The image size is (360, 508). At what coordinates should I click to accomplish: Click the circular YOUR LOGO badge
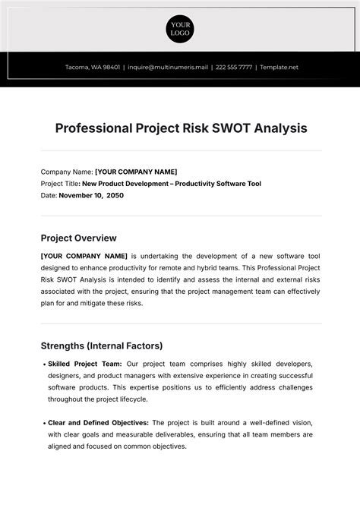coord(180,28)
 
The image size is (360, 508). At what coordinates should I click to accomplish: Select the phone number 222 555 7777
coord(233,67)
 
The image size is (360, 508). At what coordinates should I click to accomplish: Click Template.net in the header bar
coord(278,67)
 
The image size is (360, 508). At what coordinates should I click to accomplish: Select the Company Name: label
coord(66,172)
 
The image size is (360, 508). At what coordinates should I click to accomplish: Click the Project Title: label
coord(64,184)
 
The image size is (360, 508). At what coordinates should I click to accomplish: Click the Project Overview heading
coord(78,238)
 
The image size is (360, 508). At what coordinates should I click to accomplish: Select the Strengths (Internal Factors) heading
coord(101,346)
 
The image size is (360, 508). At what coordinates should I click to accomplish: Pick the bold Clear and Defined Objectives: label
coord(99,422)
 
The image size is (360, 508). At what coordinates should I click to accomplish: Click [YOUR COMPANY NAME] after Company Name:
coord(136,172)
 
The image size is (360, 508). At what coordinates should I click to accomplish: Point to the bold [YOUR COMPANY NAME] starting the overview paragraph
coord(84,256)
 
